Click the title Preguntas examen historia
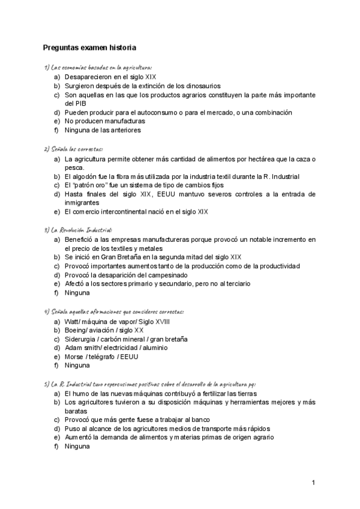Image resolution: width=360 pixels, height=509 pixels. click(89, 47)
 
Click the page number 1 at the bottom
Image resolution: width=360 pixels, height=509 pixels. click(313, 483)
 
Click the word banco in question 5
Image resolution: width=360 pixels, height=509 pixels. click(199, 420)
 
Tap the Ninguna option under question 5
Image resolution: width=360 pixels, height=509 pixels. click(77, 446)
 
